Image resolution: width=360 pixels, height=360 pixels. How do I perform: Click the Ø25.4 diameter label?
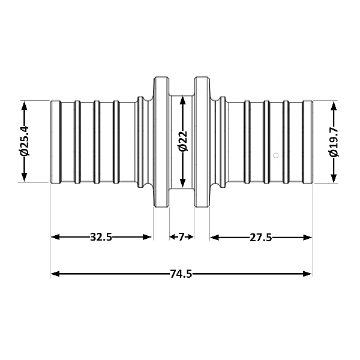point(25,141)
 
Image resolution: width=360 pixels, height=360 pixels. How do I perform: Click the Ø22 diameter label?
point(183,141)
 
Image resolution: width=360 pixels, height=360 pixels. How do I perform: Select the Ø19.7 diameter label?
point(334,142)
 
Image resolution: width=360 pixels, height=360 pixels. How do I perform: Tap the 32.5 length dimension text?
point(101,237)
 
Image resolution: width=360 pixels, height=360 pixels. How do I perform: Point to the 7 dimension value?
point(181,237)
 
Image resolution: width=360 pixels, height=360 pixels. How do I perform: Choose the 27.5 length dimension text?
point(261,238)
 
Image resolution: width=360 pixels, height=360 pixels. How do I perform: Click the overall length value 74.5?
point(181,274)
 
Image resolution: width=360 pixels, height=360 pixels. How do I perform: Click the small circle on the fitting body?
point(276,155)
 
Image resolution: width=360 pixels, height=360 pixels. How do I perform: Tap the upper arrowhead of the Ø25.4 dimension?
point(25,106)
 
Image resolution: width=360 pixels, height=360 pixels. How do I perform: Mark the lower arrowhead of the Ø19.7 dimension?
point(334,178)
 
